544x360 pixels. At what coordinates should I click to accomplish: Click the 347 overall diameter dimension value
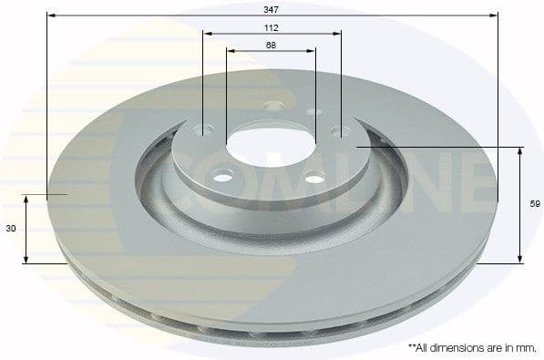tap(271, 8)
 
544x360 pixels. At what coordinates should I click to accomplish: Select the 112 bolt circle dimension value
tap(271, 27)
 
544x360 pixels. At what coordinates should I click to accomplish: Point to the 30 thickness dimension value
tap(11, 230)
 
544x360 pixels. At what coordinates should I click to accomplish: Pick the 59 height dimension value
tap(535, 206)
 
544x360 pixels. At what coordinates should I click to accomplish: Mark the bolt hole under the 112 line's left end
tap(203, 129)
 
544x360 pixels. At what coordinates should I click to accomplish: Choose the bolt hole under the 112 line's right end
tap(341, 131)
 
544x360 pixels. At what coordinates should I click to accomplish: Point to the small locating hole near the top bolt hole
tap(313, 111)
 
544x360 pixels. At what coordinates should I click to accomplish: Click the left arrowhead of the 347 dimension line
tap(50, 15)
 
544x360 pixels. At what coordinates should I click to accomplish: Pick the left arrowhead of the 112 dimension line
tap(207, 35)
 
